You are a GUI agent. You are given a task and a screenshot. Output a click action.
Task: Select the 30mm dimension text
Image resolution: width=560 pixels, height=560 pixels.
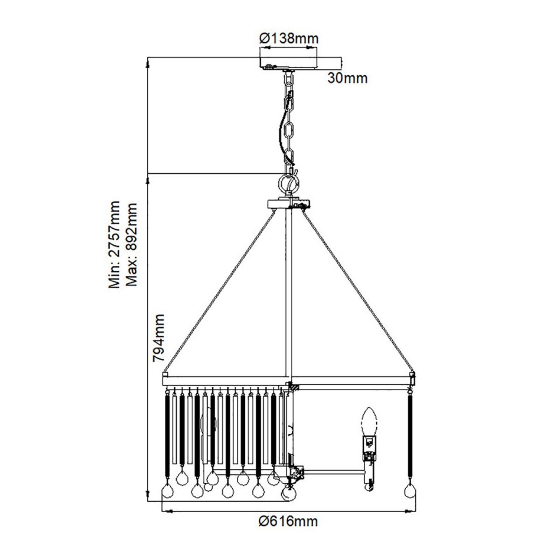click(x=347, y=78)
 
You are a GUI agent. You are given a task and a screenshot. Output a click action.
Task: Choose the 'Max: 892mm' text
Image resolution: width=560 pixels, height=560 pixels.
click(x=132, y=245)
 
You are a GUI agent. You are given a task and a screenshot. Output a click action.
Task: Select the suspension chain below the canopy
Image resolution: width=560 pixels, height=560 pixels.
click(x=289, y=123)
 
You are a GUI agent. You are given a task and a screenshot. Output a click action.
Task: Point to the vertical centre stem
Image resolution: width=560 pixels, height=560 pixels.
click(x=288, y=292)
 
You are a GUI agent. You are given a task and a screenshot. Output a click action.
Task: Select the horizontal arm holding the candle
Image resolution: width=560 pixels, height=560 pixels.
click(x=332, y=470)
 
